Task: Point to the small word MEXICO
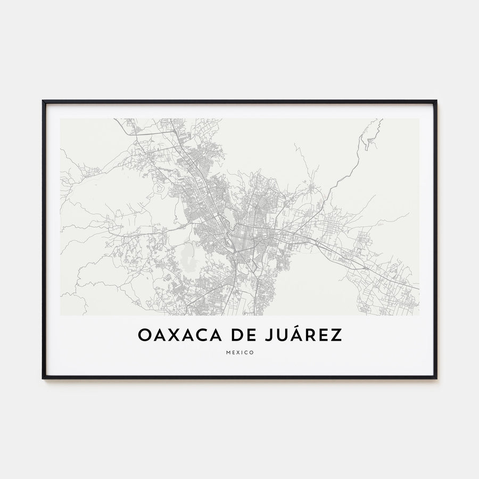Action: coord(240,352)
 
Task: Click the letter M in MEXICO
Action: coord(226,352)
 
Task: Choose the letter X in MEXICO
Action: coord(237,352)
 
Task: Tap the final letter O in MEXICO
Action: coord(252,352)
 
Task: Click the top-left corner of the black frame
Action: coord(43,101)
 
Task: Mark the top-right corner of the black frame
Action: coord(436,101)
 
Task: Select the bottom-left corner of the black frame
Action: coord(43,378)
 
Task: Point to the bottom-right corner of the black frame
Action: coord(436,378)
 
